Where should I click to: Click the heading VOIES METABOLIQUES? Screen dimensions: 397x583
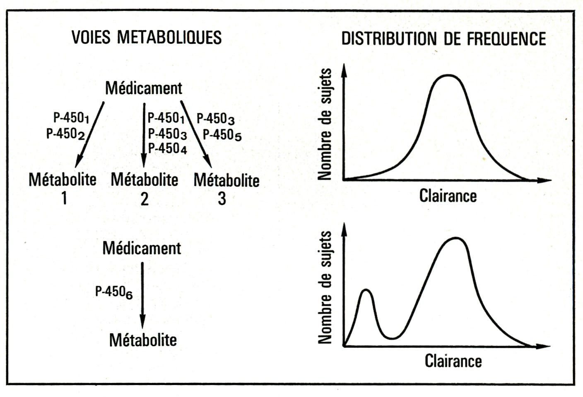click(x=147, y=37)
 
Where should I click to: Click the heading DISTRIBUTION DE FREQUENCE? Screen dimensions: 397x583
click(x=443, y=38)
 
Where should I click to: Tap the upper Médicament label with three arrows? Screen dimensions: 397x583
click(x=143, y=88)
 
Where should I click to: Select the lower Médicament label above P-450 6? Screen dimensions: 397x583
click(x=142, y=248)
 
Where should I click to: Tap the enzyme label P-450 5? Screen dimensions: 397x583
click(x=222, y=135)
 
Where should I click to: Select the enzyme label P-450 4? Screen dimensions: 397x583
click(x=167, y=148)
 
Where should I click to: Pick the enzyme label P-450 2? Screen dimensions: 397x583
click(x=65, y=134)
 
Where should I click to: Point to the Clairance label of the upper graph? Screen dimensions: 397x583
click(x=448, y=196)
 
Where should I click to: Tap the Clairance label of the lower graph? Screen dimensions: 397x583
click(x=453, y=361)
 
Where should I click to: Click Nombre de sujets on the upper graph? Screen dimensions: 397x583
click(x=325, y=124)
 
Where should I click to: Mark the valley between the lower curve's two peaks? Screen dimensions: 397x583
click(x=393, y=338)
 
